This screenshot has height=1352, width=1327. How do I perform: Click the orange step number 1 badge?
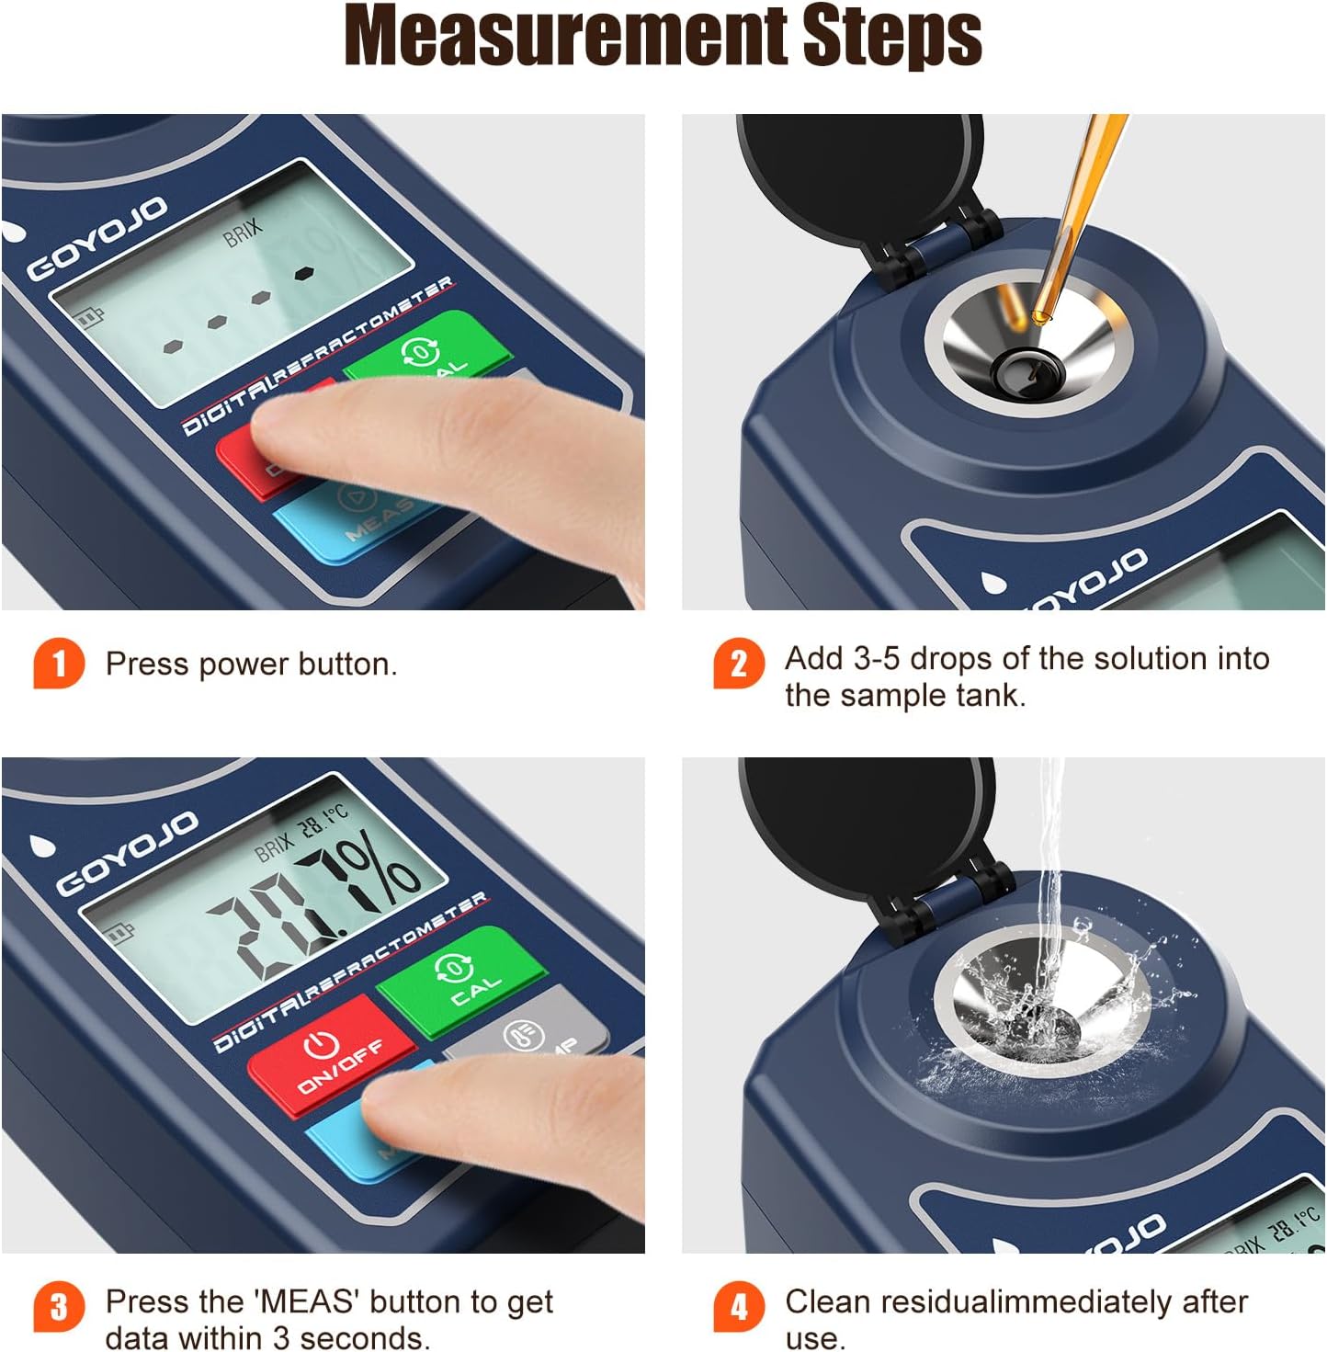pyautogui.click(x=59, y=663)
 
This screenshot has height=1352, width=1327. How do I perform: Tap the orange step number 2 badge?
pyautogui.click(x=739, y=663)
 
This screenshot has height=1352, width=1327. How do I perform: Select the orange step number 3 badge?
pyautogui.click(x=59, y=1306)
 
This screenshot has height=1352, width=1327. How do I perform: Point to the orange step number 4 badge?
pyautogui.click(x=739, y=1306)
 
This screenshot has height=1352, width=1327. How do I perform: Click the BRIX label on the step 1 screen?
pyautogui.click(x=243, y=233)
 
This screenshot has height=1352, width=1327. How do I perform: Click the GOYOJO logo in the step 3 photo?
pyautogui.click(x=126, y=853)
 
